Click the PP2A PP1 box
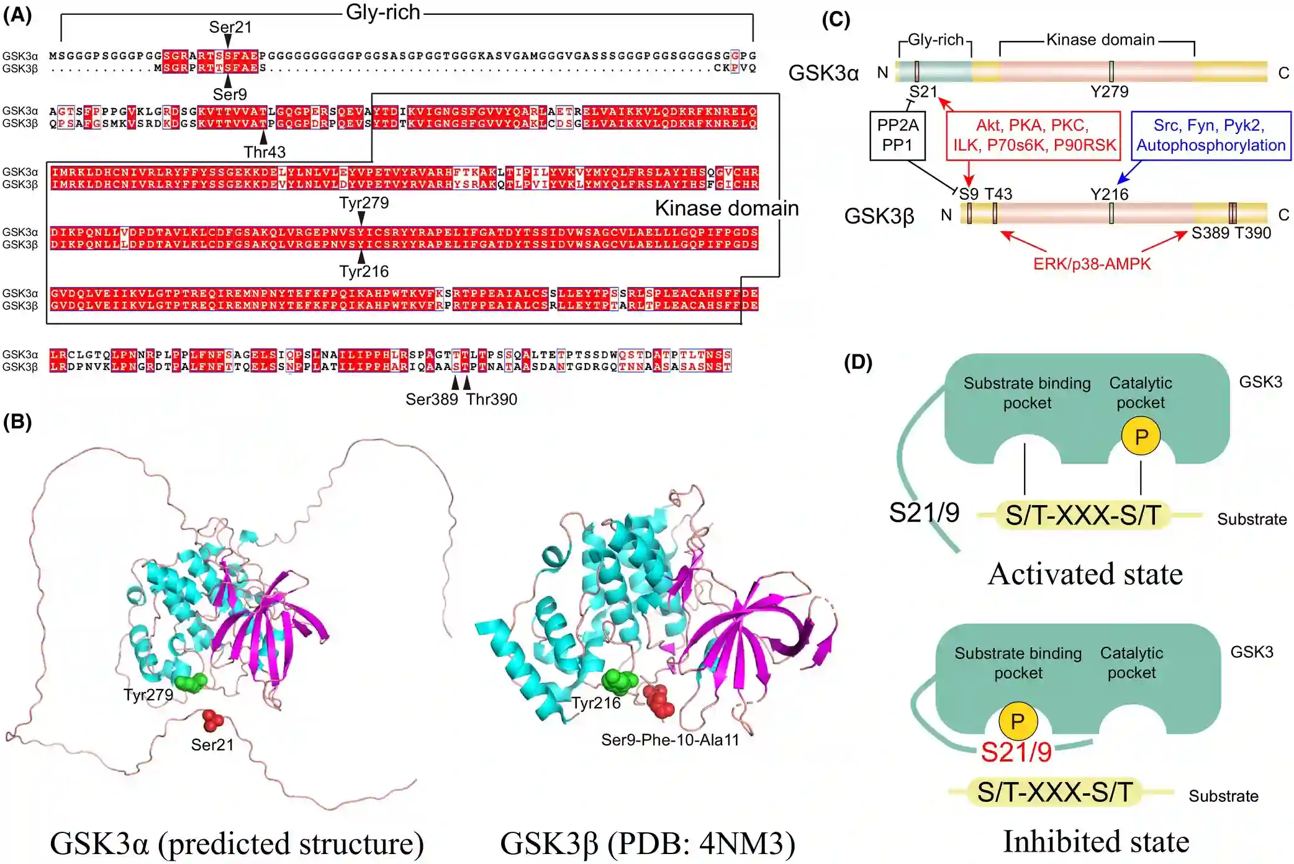click(x=897, y=135)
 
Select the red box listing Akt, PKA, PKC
click(x=1034, y=135)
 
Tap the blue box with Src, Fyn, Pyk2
click(x=1210, y=135)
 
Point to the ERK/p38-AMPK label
click(x=1092, y=264)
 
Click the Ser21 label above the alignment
click(x=230, y=27)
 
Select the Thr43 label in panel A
click(x=265, y=152)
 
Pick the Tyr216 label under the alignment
click(x=364, y=271)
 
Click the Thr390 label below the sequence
click(x=492, y=399)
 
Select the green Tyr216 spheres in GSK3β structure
click(x=619, y=681)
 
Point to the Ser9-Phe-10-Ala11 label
click(x=670, y=740)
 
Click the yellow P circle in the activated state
click(x=1141, y=436)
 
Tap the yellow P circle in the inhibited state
click(x=1017, y=721)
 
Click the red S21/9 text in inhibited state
click(x=1016, y=752)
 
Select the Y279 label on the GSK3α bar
click(x=1109, y=92)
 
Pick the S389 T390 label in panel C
click(x=1231, y=233)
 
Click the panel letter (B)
click(x=17, y=422)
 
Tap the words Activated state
click(x=1085, y=574)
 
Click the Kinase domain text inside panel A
click(x=726, y=209)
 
